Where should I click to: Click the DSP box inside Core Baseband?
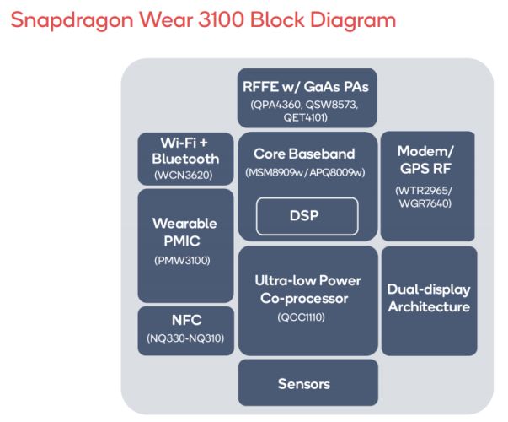tap(307, 217)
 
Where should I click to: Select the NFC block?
tap(186, 330)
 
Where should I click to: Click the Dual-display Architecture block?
tap(429, 300)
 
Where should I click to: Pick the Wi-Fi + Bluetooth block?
tap(185, 158)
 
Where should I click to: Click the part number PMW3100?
tap(185, 260)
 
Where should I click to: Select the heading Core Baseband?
tap(304, 154)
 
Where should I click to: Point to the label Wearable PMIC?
tap(184, 233)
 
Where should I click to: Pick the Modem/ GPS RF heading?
tap(427, 159)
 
